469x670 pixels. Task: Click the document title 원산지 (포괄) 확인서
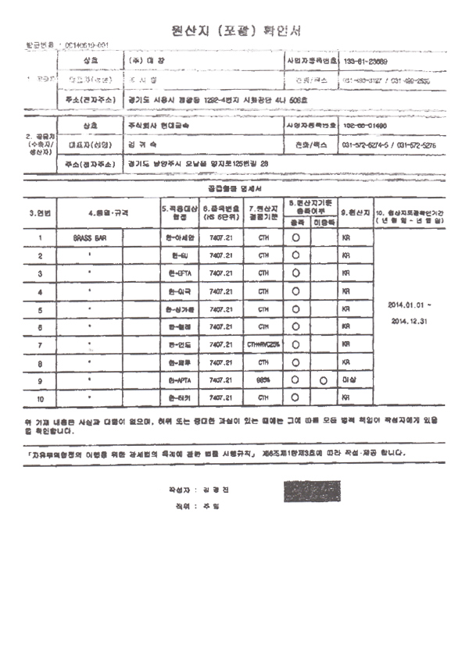pyautogui.click(x=234, y=30)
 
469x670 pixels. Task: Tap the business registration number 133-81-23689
pyautogui.click(x=367, y=61)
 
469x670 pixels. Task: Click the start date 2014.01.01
pyautogui.click(x=404, y=304)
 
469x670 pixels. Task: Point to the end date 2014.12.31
pyautogui.click(x=404, y=320)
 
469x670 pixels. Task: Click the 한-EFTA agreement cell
pyautogui.click(x=179, y=273)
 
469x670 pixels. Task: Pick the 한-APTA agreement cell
pyautogui.click(x=179, y=380)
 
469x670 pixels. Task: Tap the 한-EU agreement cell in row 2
pyautogui.click(x=179, y=255)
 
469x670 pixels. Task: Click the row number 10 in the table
pyautogui.click(x=39, y=398)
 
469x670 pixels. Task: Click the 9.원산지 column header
pyautogui.click(x=354, y=212)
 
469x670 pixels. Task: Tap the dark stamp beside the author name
pyautogui.click(x=310, y=490)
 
